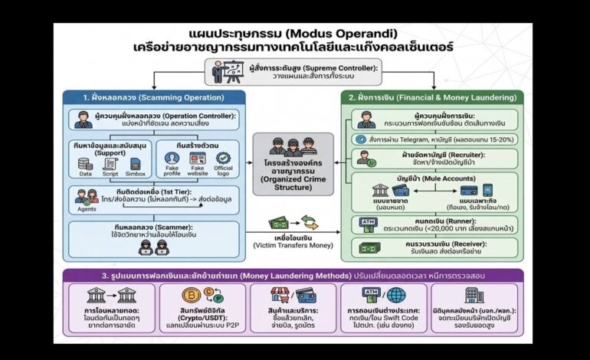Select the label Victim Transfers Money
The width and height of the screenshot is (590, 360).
(293, 246)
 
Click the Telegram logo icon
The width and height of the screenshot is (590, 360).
(361, 139)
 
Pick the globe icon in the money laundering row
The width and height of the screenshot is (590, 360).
(396, 296)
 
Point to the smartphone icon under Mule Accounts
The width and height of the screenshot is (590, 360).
(487, 190)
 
